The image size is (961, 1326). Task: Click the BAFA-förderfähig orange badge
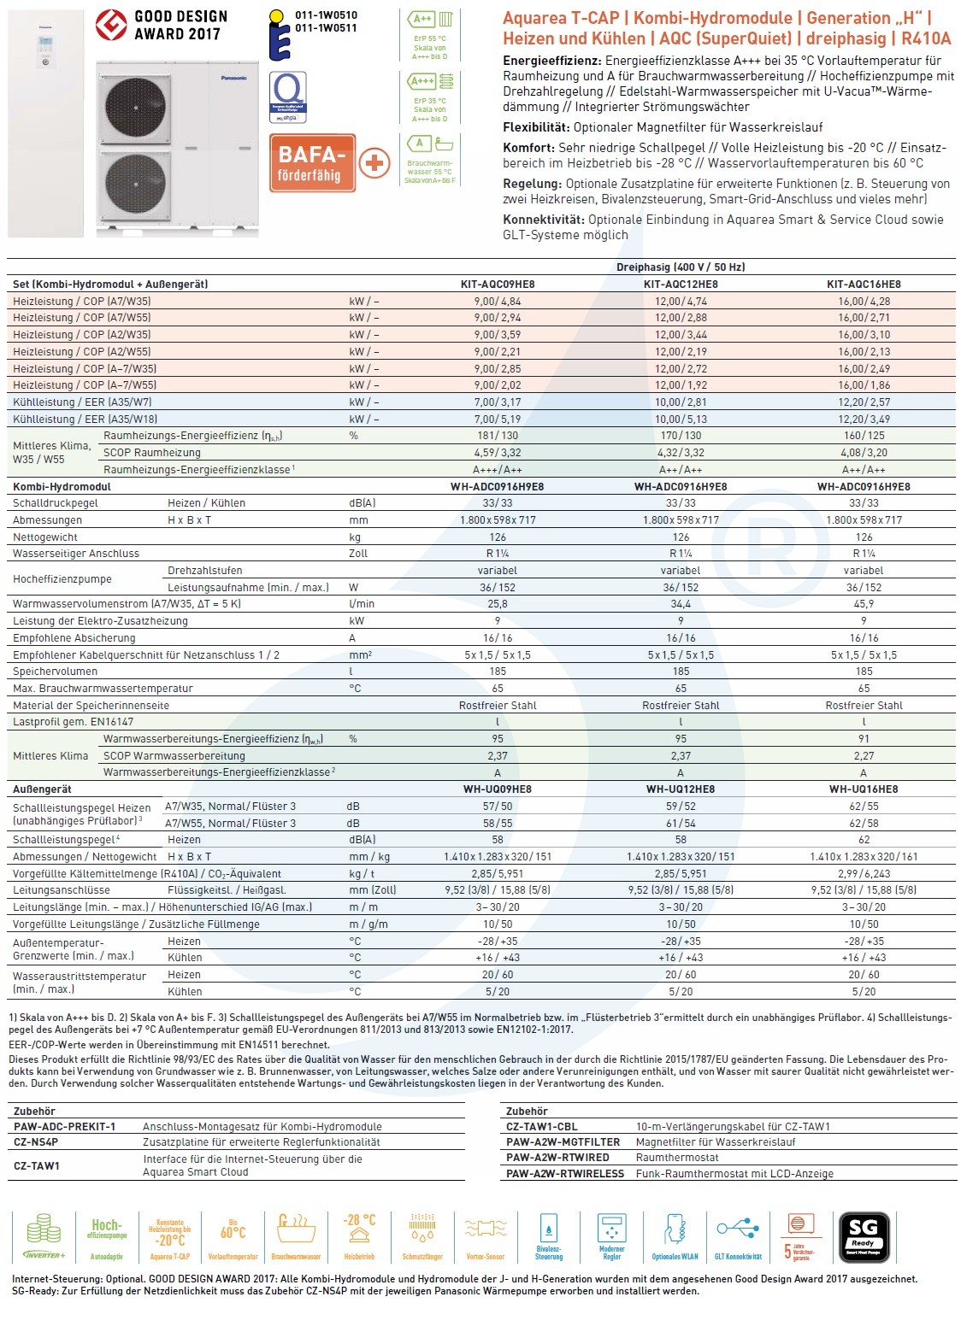point(312,162)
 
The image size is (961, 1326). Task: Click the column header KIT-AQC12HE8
point(681,285)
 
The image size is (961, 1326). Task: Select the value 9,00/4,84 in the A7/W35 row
point(498,302)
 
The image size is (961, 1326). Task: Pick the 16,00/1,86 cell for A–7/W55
point(864,385)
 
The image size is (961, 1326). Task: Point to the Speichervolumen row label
point(55,672)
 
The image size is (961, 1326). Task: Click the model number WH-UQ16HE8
point(864,789)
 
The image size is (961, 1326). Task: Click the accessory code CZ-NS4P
point(36,1142)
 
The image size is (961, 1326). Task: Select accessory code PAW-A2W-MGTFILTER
point(563,1142)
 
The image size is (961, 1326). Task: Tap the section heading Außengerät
point(43,789)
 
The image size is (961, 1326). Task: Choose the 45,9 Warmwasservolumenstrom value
point(864,604)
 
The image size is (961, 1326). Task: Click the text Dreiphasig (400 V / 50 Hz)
point(681,267)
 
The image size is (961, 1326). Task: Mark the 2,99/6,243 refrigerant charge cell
point(864,874)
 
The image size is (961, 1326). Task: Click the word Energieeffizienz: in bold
point(551,61)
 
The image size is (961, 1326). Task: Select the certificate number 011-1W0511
point(326,28)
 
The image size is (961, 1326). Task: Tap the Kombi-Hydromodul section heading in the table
point(62,487)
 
